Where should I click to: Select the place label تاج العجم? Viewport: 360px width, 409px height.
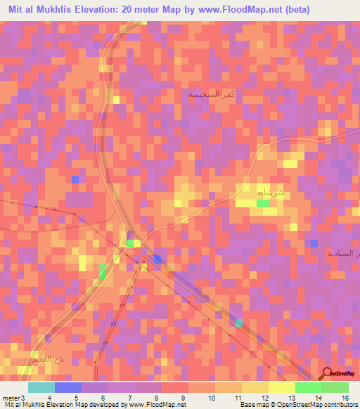[x=37, y=360]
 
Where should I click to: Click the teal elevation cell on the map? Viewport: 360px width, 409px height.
[x=239, y=323]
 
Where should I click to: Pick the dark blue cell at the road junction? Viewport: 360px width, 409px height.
[x=157, y=259]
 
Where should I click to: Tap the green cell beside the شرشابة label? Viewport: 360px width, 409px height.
[x=263, y=203]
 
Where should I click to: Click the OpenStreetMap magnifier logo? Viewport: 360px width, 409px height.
[x=327, y=373]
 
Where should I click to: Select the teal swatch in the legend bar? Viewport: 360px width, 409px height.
[x=41, y=387]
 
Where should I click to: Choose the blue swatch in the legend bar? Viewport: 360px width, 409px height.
[x=67, y=387]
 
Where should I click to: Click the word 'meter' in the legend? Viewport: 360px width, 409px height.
[x=11, y=398]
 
